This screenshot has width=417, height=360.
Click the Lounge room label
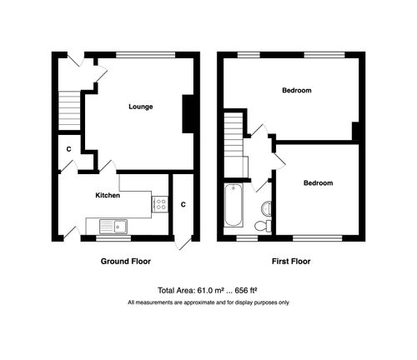[x=140, y=107]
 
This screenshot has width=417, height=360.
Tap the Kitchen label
[x=108, y=197]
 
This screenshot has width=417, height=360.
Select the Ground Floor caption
[x=125, y=261]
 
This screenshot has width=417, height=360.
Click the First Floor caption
[x=291, y=261]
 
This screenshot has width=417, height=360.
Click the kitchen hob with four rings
[x=159, y=204]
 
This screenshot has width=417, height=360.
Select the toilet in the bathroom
[x=262, y=225]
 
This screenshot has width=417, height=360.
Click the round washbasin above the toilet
[x=266, y=208]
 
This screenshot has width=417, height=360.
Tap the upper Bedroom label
[x=297, y=90]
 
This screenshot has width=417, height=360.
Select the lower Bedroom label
[x=318, y=183]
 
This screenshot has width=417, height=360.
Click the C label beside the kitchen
[x=183, y=205]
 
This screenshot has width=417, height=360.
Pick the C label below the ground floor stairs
[x=68, y=150]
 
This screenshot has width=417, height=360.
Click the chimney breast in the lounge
[x=190, y=114]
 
